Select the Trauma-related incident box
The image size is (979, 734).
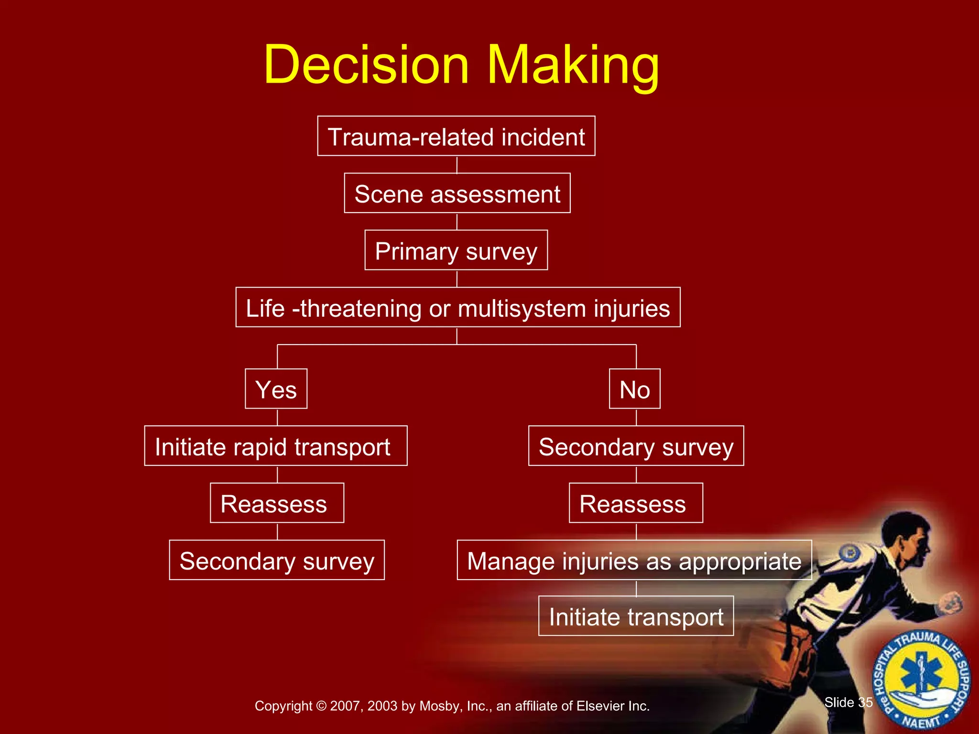click(456, 136)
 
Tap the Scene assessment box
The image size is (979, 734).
click(457, 193)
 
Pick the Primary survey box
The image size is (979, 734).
click(456, 250)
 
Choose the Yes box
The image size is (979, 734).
click(276, 389)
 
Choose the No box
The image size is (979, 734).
click(634, 389)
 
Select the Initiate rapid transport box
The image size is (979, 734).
click(275, 446)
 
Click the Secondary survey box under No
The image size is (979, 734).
click(636, 446)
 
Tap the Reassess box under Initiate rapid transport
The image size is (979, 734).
click(276, 503)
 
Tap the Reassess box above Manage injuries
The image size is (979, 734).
click(635, 503)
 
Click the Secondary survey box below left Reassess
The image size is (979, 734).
click(276, 560)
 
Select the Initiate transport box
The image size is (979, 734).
click(636, 616)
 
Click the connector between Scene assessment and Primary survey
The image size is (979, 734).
click(457, 222)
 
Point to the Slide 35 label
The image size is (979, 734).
click(848, 702)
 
